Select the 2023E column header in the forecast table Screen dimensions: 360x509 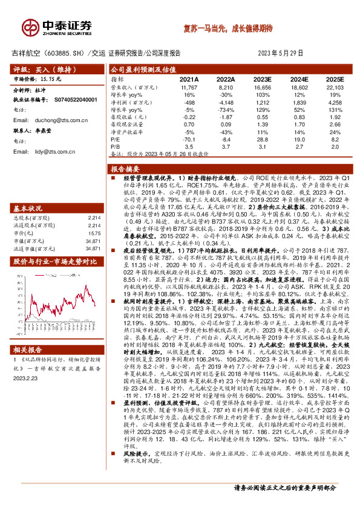pos(262,79)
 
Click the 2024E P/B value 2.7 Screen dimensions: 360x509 pos(299,146)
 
